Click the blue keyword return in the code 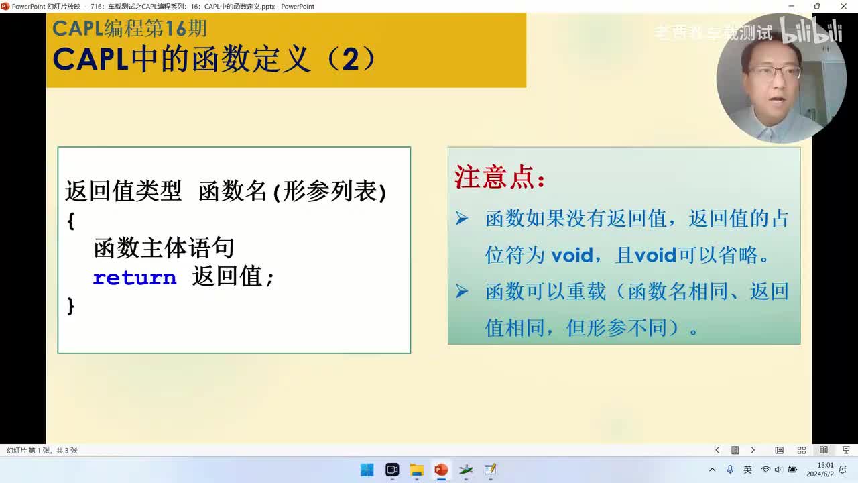(x=134, y=278)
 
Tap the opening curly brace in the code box (x=71, y=221)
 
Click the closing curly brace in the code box (x=71, y=306)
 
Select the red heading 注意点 (x=500, y=178)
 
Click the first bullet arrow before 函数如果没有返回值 (x=462, y=218)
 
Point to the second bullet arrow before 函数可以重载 (x=462, y=291)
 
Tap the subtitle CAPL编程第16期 (x=130, y=29)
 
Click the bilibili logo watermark (x=811, y=32)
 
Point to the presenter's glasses (x=776, y=72)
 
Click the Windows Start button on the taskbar (x=367, y=470)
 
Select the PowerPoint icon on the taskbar (x=441, y=470)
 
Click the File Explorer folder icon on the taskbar (x=416, y=470)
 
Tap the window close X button (x=843, y=7)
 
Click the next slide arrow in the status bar (x=753, y=450)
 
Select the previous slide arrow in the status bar (x=717, y=450)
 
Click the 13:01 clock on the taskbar (x=825, y=466)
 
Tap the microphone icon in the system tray (x=730, y=470)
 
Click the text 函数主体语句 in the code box (x=164, y=248)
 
